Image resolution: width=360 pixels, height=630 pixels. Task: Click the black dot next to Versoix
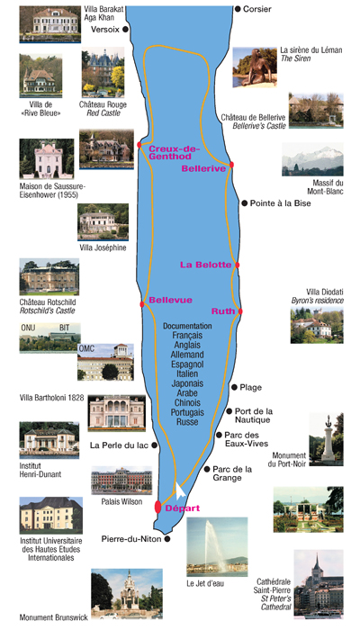pyautogui.click(x=126, y=29)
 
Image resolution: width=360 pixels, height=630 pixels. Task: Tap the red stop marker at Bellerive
pyautogui.click(x=232, y=165)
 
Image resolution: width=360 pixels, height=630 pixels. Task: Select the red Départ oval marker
pyautogui.click(x=157, y=507)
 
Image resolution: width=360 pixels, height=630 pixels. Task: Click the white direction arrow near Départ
pyautogui.click(x=180, y=491)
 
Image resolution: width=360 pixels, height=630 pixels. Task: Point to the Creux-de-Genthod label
pyautogui.click(x=174, y=152)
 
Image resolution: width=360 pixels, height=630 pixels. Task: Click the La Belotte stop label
pyautogui.click(x=206, y=265)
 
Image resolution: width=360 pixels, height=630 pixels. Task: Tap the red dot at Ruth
pyautogui.click(x=240, y=311)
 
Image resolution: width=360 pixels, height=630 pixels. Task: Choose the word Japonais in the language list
pyautogui.click(x=187, y=383)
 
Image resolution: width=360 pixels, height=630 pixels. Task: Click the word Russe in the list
pyautogui.click(x=187, y=422)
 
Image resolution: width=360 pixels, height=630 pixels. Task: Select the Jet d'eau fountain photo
pyautogui.click(x=217, y=547)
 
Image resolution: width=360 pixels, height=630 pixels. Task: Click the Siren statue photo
pyautogui.click(x=255, y=67)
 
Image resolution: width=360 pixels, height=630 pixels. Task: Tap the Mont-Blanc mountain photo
pyautogui.click(x=312, y=159)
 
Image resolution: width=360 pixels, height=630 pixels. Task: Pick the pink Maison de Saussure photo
pyautogui.click(x=47, y=158)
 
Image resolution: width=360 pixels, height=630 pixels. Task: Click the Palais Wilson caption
pyautogui.click(x=121, y=502)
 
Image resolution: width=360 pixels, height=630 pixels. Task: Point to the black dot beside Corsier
pyautogui.click(x=238, y=8)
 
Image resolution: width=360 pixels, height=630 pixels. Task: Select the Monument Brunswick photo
pyautogui.click(x=127, y=594)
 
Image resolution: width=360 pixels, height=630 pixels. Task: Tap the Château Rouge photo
pyautogui.click(x=103, y=72)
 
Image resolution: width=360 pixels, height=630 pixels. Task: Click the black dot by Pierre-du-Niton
pyautogui.click(x=167, y=539)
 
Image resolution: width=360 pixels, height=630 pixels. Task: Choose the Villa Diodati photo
pyautogui.click(x=317, y=325)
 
